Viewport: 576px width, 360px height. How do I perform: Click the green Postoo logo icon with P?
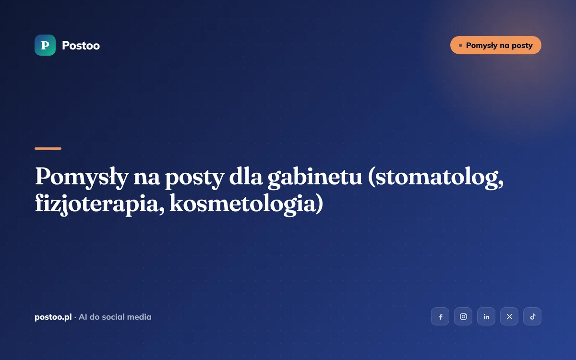click(x=45, y=45)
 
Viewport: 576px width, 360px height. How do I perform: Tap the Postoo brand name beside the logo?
click(x=81, y=46)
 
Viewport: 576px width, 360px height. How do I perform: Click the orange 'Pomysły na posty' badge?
click(x=495, y=45)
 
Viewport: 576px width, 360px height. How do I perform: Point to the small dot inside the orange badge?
click(x=460, y=46)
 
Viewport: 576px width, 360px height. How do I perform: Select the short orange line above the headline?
click(x=48, y=148)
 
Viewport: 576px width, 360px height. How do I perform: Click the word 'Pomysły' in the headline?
click(x=82, y=178)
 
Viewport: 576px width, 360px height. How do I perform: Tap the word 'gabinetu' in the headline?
click(x=315, y=178)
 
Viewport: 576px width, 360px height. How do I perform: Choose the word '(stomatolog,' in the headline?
click(x=436, y=178)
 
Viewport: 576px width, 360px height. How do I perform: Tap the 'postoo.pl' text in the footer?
click(x=53, y=317)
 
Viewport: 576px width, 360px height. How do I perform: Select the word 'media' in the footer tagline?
click(x=139, y=317)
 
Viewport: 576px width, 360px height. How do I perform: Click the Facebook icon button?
click(x=440, y=316)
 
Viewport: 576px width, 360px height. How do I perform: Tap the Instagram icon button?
click(x=463, y=316)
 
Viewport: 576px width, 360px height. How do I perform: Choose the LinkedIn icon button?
click(x=486, y=316)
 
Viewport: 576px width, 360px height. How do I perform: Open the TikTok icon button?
click(x=532, y=316)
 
